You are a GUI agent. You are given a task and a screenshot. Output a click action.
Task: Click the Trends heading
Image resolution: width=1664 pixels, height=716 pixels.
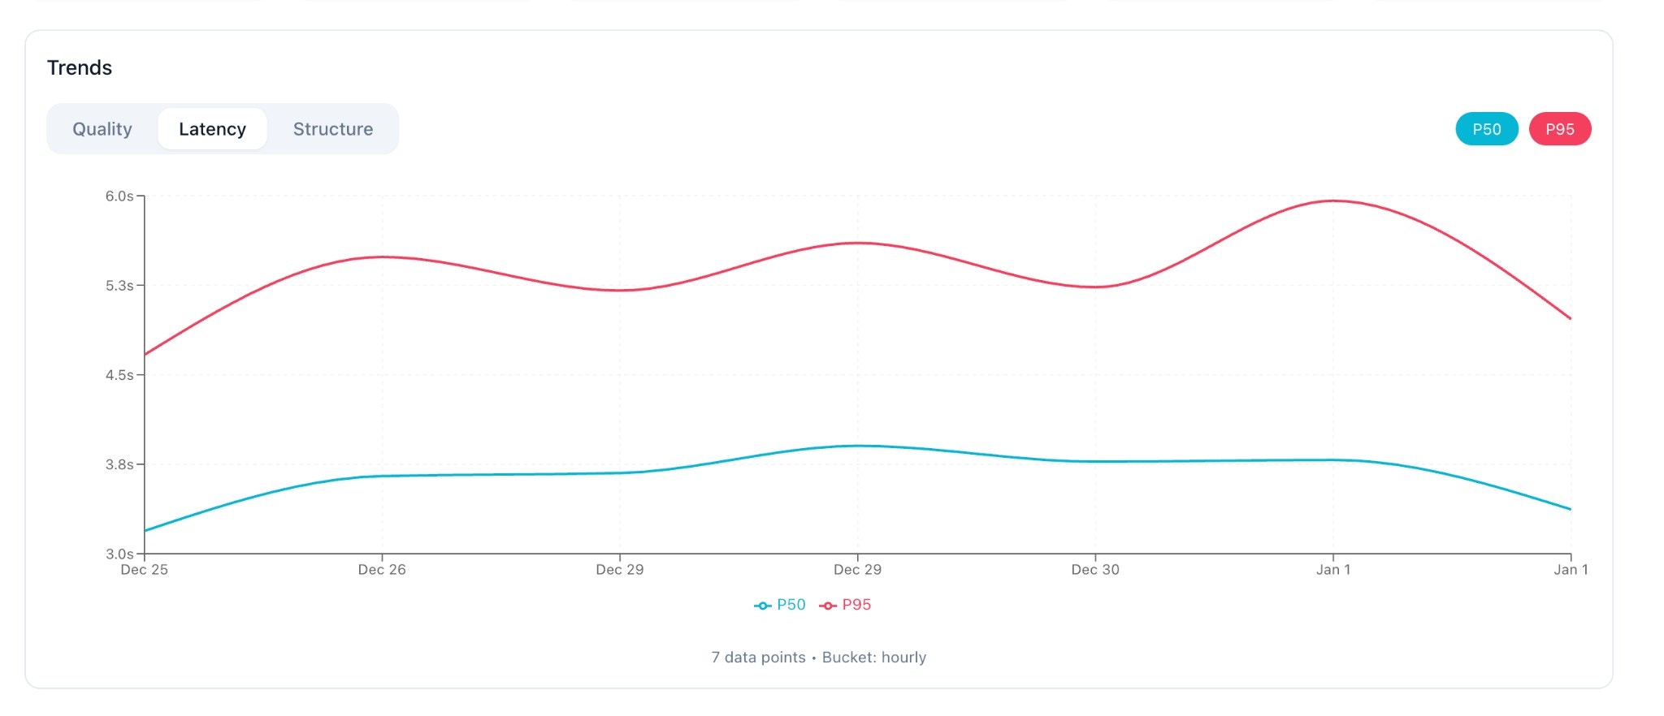80,67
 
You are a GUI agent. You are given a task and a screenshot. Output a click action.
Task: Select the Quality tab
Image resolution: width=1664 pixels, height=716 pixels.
102,129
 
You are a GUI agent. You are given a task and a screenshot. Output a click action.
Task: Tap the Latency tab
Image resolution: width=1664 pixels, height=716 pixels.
212,129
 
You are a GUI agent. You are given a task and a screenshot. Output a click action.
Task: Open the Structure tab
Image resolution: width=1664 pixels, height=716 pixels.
333,129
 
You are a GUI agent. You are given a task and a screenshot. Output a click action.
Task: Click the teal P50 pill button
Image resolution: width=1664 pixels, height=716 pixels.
1486,129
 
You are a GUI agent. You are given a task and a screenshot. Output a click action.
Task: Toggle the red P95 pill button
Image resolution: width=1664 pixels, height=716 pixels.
1559,129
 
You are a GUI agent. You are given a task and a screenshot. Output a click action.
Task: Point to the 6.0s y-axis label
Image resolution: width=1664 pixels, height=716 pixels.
119,196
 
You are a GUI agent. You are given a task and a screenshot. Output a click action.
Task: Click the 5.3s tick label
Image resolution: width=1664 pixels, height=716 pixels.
119,286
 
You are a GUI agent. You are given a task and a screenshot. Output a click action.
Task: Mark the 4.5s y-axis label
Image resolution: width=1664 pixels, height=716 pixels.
119,375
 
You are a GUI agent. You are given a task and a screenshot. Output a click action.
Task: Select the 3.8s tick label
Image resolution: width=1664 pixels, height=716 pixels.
119,464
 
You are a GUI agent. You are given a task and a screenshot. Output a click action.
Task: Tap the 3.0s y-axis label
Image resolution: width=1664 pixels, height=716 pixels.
119,554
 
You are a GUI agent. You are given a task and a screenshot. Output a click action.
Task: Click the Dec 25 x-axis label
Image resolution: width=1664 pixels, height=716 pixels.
145,570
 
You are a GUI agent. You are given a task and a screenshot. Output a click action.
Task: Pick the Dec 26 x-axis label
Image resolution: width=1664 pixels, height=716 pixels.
382,570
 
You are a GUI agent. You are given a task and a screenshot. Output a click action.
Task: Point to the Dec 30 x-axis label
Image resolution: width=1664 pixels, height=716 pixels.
1095,570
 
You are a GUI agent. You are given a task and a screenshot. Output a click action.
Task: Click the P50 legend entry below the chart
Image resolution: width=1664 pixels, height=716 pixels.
781,605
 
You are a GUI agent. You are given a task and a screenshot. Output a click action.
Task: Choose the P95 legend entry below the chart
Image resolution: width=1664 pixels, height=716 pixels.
847,605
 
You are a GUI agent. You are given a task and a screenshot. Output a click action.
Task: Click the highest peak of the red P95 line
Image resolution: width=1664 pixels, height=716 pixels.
1333,201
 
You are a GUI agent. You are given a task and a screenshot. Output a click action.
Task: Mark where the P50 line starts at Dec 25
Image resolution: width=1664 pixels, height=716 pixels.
145,531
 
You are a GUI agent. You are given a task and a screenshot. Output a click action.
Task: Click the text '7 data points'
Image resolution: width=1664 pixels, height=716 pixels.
758,658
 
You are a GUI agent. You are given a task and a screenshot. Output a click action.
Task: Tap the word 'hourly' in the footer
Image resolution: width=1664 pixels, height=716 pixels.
903,658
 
